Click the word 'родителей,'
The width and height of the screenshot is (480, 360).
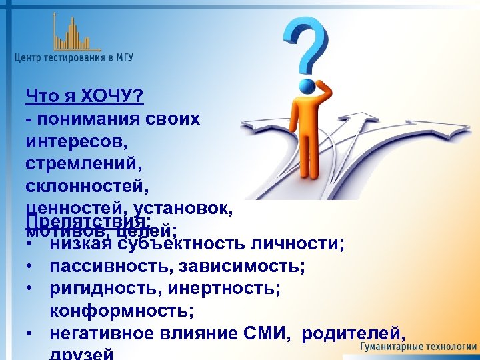tap(354, 333)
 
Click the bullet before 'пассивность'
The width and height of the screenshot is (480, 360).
tap(31, 267)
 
